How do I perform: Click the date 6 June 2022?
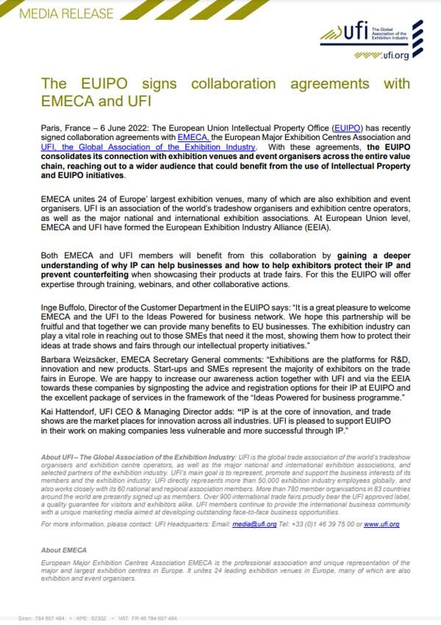pyautogui.click(x=119, y=128)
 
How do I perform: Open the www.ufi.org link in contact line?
pyautogui.click(x=381, y=524)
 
